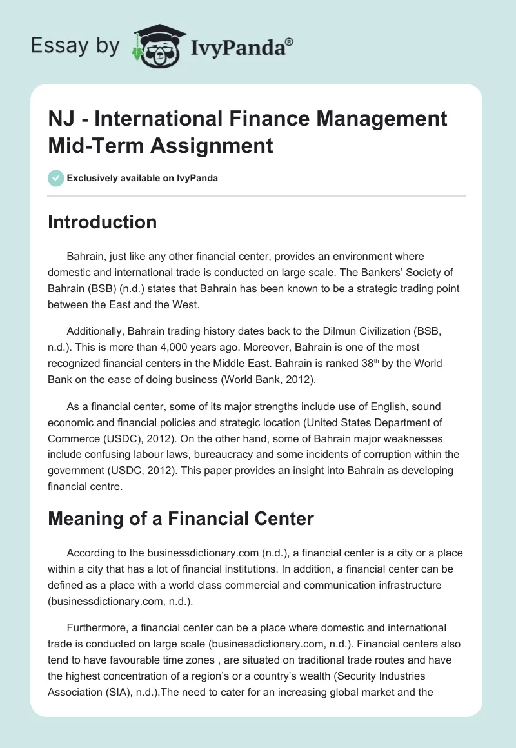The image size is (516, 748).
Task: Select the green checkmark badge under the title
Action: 55,178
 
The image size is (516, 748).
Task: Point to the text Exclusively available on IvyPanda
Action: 142,178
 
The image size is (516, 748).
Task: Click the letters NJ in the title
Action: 61,119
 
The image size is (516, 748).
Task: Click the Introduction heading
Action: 103,222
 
